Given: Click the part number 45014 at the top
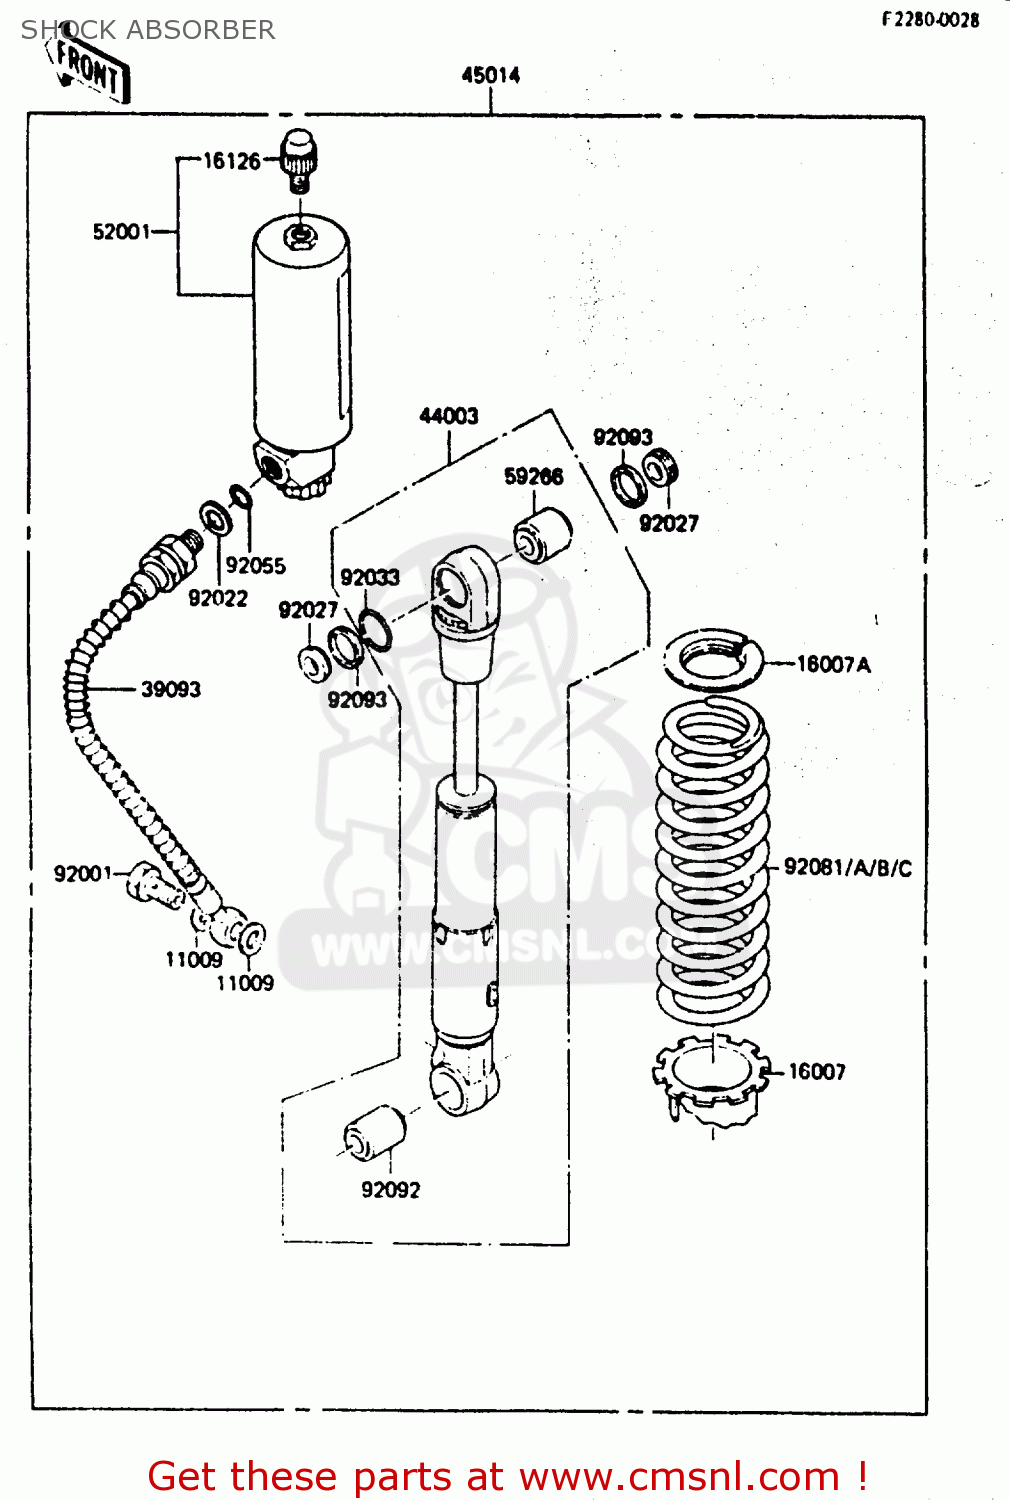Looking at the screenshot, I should pyautogui.click(x=490, y=75).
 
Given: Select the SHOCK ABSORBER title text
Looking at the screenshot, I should pyautogui.click(x=148, y=30).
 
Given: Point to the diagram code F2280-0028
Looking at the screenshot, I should pyautogui.click(x=930, y=19).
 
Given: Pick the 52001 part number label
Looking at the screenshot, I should pyautogui.click(x=121, y=232).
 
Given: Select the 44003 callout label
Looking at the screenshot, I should pyautogui.click(x=448, y=416).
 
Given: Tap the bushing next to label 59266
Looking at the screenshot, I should pyautogui.click(x=543, y=535).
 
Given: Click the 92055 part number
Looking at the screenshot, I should pyautogui.click(x=255, y=566).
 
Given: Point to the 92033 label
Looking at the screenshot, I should pyautogui.click(x=369, y=578).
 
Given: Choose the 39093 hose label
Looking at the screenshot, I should pyautogui.click(x=170, y=689).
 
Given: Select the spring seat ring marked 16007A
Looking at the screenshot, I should pyautogui.click(x=713, y=660).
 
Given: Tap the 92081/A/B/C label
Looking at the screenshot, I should pyautogui.click(x=847, y=868).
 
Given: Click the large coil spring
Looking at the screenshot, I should pyautogui.click(x=712, y=860).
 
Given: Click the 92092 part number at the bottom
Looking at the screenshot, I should pyautogui.click(x=390, y=1190).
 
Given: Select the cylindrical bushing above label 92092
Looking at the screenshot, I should pyautogui.click(x=375, y=1133).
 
